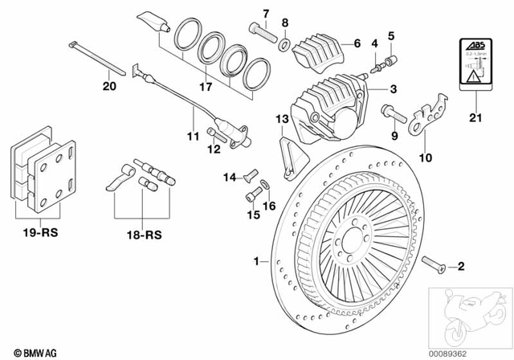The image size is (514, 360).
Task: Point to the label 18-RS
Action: (x=142, y=238)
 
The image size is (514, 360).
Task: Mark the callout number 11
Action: (x=192, y=137)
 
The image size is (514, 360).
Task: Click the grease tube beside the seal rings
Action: (x=153, y=19)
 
